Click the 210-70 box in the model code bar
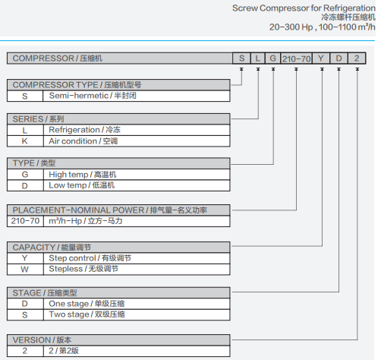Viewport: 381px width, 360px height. (296, 58)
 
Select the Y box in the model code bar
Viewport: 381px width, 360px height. (321, 58)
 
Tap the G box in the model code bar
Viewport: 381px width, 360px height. (272, 58)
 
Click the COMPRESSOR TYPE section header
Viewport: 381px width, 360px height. (118, 85)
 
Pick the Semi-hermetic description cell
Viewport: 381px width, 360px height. (137, 96)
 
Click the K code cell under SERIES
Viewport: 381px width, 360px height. (25, 141)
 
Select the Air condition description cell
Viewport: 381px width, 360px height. (137, 141)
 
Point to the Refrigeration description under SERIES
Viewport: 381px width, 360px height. (137, 130)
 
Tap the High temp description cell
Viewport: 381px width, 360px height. (137, 175)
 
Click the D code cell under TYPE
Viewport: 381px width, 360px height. (25, 185)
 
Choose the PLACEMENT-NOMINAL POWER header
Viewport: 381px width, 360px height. (118, 210)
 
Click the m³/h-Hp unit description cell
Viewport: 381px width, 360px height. (137, 221)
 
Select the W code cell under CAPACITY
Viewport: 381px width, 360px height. (25, 270)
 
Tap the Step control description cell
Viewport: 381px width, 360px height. (137, 258)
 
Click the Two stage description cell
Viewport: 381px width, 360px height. (137, 314)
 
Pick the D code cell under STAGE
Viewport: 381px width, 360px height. (25, 304)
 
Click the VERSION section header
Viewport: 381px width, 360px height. (118, 340)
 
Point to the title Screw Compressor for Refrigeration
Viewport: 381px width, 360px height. (304, 8)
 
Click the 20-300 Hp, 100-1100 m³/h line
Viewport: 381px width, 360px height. (323, 27)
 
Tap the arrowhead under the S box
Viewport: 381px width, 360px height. (241, 69)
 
